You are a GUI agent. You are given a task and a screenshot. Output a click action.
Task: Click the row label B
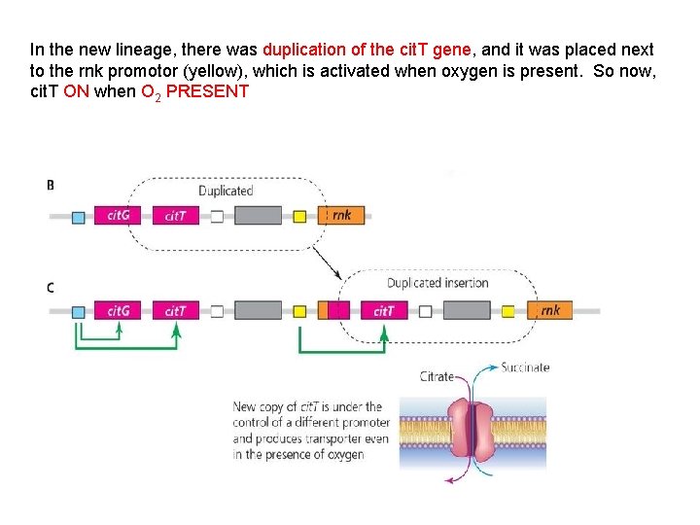pyautogui.click(x=51, y=185)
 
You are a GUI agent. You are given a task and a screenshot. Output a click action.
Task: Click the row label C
pyautogui.click(x=51, y=288)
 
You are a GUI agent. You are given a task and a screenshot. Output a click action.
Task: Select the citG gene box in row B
pyautogui.click(x=118, y=216)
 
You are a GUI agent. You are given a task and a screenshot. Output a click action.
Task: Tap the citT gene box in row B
pyautogui.click(x=175, y=216)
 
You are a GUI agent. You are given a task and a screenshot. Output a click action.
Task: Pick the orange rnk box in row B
pyautogui.click(x=341, y=216)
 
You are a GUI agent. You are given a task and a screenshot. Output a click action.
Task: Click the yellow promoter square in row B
pyautogui.click(x=299, y=216)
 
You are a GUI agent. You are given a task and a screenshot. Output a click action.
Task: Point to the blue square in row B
pyautogui.click(x=79, y=216)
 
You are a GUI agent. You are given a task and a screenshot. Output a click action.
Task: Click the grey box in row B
pyautogui.click(x=258, y=216)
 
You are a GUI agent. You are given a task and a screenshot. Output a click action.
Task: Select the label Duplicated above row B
pyautogui.click(x=226, y=192)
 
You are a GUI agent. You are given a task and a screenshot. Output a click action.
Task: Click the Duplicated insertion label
pyautogui.click(x=437, y=283)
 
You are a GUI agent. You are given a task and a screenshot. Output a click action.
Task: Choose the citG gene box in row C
pyautogui.click(x=118, y=311)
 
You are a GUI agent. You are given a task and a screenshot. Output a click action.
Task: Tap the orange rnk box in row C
pyautogui.click(x=550, y=311)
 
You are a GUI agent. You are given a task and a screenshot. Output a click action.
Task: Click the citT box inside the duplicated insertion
pyautogui.click(x=383, y=311)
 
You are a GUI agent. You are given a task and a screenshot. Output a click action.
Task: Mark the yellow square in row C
pyautogui.click(x=299, y=311)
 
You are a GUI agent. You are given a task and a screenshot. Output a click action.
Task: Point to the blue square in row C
pyautogui.click(x=79, y=311)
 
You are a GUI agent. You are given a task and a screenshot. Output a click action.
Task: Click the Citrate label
pyautogui.click(x=437, y=376)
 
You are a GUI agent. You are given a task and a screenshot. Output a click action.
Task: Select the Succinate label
pyautogui.click(x=525, y=367)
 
